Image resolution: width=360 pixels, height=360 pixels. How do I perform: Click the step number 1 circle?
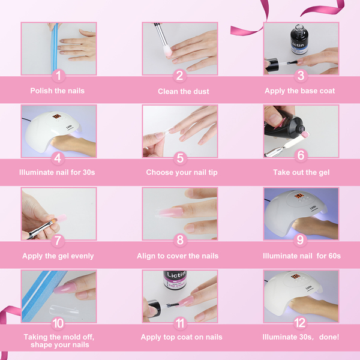[x=58, y=76]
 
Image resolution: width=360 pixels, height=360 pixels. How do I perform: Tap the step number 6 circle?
[x=301, y=155]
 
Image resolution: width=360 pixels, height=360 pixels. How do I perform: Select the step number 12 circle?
[x=300, y=323]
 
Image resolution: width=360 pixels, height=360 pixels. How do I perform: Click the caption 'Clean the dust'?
[x=184, y=91]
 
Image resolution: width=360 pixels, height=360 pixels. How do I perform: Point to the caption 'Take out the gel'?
[x=301, y=172]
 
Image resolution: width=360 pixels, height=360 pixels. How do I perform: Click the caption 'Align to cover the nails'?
[x=178, y=256]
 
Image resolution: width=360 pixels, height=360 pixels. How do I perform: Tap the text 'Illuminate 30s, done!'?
[x=301, y=337]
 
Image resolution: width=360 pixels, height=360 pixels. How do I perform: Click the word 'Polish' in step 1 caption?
[x=41, y=91]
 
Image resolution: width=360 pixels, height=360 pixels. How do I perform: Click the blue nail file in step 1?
[x=55, y=48]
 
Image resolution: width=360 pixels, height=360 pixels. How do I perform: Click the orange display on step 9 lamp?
[x=299, y=196]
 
